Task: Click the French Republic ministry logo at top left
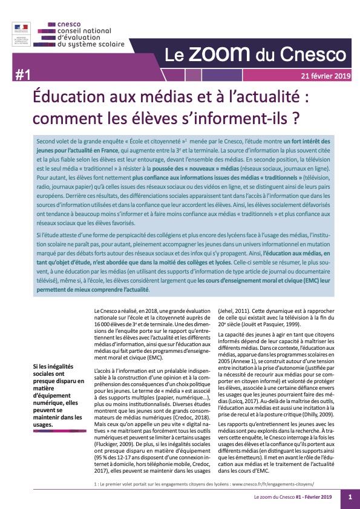22,34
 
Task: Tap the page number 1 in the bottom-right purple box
350,497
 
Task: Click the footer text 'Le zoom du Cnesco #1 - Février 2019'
293,497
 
